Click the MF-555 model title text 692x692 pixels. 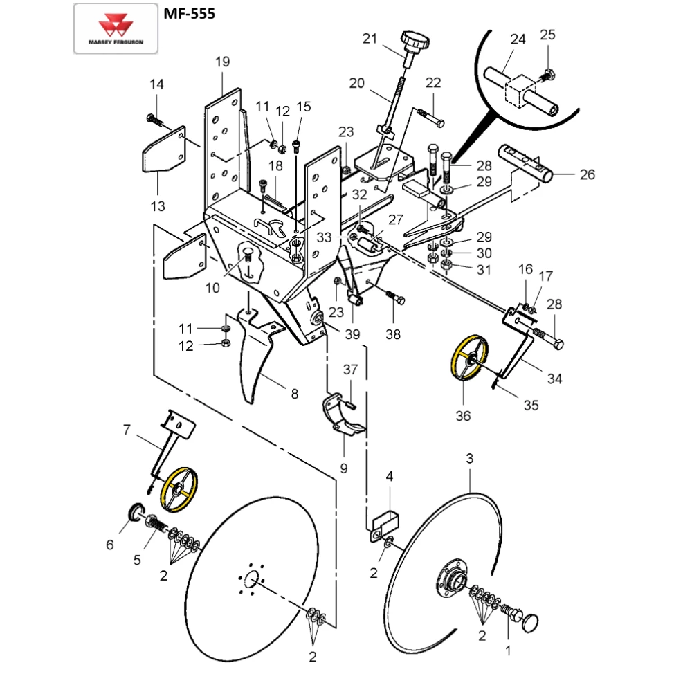185,13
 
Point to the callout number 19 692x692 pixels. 221,62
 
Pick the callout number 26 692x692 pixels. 587,174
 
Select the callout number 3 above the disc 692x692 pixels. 470,458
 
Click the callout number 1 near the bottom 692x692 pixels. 509,650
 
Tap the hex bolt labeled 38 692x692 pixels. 397,299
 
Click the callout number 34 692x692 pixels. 554,379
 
